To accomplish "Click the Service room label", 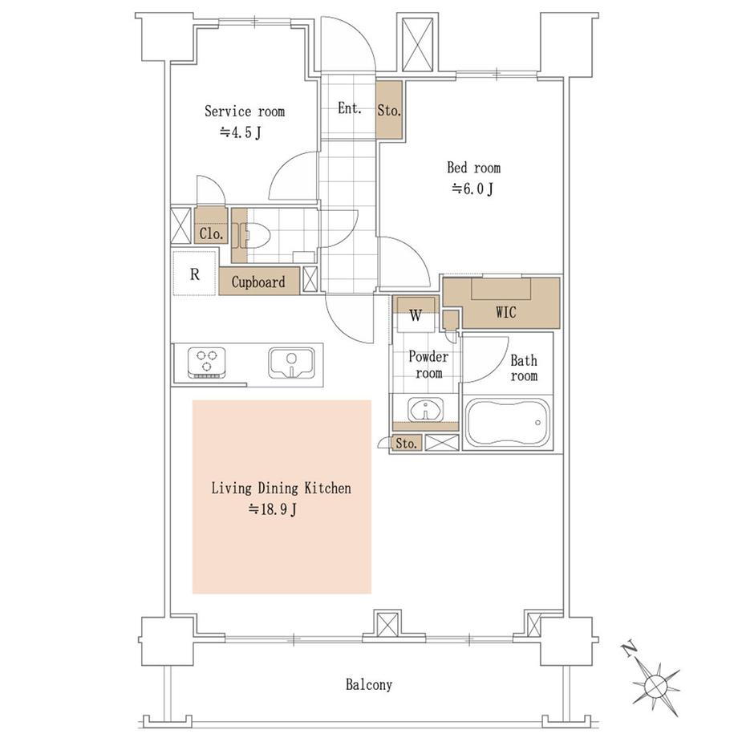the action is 245,112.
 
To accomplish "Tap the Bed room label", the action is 473,168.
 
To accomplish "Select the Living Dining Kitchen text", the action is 281,488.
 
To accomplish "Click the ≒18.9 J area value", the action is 273,509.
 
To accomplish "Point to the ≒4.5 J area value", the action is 241,132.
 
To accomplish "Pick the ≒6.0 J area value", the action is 472,189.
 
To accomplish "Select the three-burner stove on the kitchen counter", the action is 207,363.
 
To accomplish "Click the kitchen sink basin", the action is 291,363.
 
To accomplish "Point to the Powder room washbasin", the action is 425,409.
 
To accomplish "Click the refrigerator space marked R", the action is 194,274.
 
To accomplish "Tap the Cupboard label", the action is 258,282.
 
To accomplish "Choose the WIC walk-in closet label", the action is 505,312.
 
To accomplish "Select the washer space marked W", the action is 416,315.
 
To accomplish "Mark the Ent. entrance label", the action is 350,108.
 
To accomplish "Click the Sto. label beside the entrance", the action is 389,111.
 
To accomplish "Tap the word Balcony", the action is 369,684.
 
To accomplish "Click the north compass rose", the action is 655,680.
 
